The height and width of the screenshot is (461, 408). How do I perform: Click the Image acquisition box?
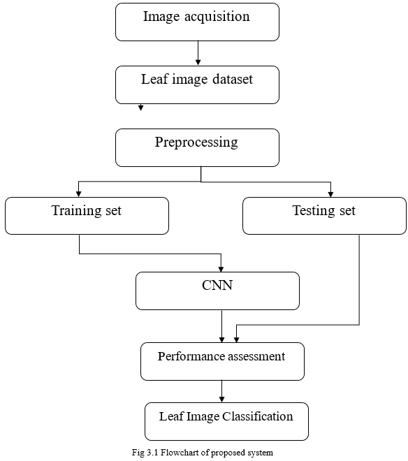(x=197, y=22)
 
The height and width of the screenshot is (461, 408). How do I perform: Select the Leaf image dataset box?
(x=197, y=85)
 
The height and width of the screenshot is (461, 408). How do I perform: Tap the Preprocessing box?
(x=197, y=147)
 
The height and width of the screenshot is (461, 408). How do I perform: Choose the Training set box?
(x=87, y=215)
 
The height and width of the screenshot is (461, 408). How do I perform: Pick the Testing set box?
(x=324, y=215)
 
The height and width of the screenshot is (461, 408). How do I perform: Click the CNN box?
(x=217, y=291)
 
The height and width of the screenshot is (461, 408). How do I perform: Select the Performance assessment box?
(x=222, y=361)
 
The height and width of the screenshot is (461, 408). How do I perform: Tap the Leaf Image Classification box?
(x=226, y=421)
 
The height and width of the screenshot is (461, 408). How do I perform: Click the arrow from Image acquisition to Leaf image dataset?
(x=198, y=53)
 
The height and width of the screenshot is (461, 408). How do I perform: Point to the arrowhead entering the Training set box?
(x=79, y=193)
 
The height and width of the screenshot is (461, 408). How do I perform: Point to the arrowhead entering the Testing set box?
(x=330, y=193)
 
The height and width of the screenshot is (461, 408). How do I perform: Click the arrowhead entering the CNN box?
(x=221, y=268)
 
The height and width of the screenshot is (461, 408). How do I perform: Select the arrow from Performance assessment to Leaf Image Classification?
(x=222, y=391)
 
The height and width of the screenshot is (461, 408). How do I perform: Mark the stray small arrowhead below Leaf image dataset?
(x=141, y=108)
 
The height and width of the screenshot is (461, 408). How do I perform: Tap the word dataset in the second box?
(x=230, y=80)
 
